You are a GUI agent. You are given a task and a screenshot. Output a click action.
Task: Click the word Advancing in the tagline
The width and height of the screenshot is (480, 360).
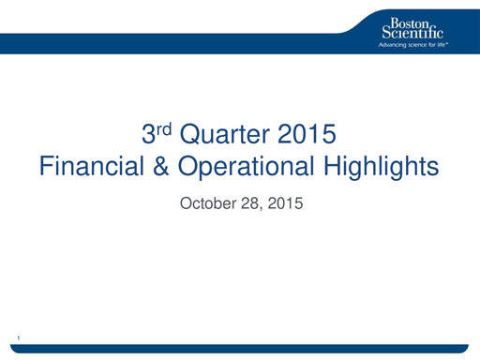(393, 44)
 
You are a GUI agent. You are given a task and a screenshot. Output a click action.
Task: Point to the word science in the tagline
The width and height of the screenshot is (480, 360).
(421, 44)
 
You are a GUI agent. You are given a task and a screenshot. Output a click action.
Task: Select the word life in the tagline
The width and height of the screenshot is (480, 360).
(444, 44)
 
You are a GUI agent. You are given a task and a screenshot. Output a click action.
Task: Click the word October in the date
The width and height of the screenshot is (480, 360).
(208, 202)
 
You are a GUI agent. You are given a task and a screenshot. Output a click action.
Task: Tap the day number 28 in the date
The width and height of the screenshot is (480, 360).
(250, 202)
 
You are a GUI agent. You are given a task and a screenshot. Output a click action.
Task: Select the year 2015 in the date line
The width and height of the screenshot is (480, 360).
(284, 202)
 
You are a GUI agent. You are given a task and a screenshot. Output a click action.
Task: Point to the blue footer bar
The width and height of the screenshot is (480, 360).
(240, 349)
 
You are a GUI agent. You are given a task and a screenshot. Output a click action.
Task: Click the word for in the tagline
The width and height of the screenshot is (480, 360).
(436, 44)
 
